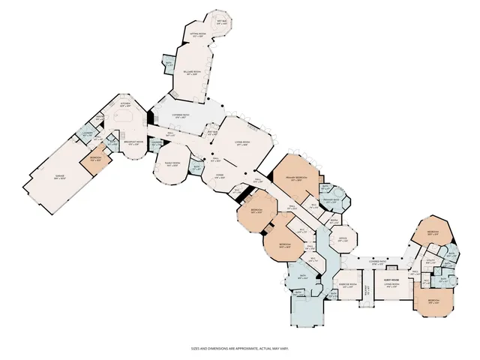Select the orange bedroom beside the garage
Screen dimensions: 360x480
[x=95, y=160]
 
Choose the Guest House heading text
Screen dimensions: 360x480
[x=391, y=279]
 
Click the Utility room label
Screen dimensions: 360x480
[x=430, y=262]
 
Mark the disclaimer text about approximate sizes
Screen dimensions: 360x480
[x=239, y=347]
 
